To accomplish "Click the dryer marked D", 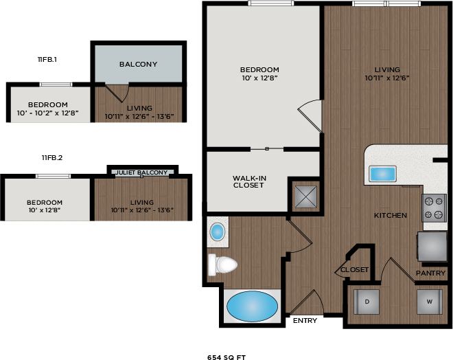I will click(x=367, y=302).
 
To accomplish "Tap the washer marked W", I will click(x=428, y=302).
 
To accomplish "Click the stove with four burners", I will click(x=434, y=208).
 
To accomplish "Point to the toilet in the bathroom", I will click(x=224, y=264).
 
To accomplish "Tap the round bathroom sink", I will click(x=218, y=232).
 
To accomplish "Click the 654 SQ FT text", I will click(x=226, y=357).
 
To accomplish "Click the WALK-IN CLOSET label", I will click(x=248, y=181).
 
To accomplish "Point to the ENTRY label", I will click(x=304, y=321).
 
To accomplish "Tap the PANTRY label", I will click(x=430, y=273).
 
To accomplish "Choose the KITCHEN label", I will click(x=390, y=215).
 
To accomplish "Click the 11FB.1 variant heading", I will click(x=47, y=60).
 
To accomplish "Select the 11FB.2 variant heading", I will click(x=51, y=158).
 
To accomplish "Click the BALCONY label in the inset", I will click(x=138, y=64).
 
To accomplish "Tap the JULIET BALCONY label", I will click(x=142, y=172).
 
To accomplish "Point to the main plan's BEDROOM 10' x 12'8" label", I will click(x=259, y=74).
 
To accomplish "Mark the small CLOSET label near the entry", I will click(x=355, y=269).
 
